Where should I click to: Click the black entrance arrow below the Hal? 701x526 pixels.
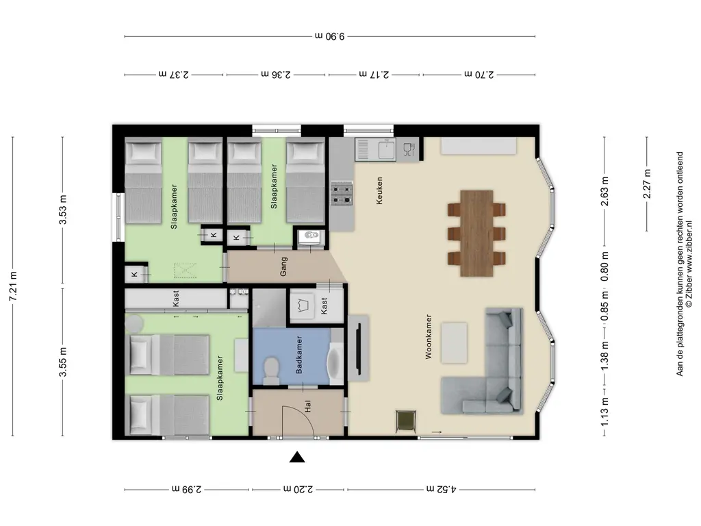297,457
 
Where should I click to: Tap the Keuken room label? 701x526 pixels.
379,191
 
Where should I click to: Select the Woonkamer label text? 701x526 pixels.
429,336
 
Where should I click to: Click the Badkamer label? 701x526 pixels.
299,355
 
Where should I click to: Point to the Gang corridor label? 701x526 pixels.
283,266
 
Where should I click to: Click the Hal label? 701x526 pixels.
307,406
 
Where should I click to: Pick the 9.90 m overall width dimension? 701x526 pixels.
330,36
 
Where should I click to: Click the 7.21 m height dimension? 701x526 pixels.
13,286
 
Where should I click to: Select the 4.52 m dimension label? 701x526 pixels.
442,489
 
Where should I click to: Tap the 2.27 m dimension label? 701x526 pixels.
647,184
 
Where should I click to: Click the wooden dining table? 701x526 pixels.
476,233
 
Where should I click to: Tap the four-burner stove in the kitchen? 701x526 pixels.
342,192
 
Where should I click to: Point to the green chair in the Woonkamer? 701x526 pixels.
406,421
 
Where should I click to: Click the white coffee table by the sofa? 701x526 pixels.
455,342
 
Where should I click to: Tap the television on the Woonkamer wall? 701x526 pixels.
358,349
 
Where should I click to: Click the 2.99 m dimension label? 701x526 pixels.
187,489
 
